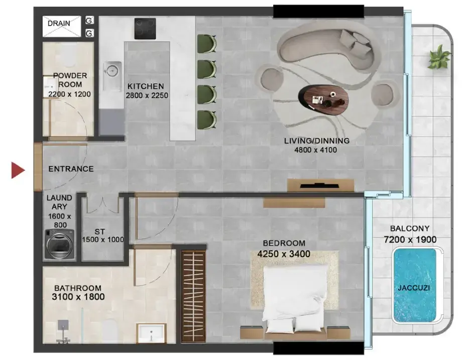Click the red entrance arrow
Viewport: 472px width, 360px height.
(x=18, y=170)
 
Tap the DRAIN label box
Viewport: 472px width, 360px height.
(x=62, y=27)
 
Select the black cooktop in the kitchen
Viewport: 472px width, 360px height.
(x=145, y=29)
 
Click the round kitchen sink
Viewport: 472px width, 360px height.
(x=112, y=71)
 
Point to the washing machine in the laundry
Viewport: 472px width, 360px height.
(x=60, y=245)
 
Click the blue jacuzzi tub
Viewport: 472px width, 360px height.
(x=415, y=285)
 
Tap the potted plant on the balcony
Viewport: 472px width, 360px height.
(x=439, y=57)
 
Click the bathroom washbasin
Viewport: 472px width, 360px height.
(x=151, y=333)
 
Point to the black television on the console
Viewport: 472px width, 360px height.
(x=315, y=186)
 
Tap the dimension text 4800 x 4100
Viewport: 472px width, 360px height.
(x=315, y=150)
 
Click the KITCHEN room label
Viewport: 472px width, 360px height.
(x=146, y=86)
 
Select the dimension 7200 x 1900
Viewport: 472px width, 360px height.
(x=410, y=239)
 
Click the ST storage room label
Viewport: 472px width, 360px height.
(x=99, y=232)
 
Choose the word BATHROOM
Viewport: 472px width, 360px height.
(x=78, y=288)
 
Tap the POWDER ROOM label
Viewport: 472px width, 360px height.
(x=70, y=80)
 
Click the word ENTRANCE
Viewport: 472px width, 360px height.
(x=71, y=169)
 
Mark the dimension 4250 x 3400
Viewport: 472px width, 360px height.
(x=284, y=254)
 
